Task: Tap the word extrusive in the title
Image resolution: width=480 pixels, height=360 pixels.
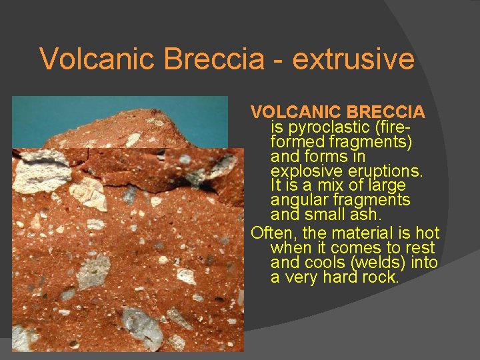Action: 353,59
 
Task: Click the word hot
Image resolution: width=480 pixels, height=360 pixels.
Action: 427,233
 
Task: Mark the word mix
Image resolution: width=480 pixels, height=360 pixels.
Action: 333,185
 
